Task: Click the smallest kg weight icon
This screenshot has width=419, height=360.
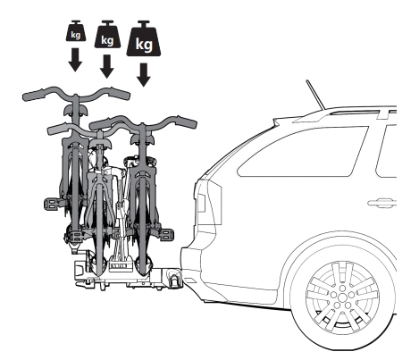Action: coord(76,30)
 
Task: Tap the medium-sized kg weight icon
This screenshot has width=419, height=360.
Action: coord(107,34)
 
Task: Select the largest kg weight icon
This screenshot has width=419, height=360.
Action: coord(144,38)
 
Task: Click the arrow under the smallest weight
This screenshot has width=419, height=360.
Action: coord(75,60)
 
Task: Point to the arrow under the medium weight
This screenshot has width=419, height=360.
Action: coord(107,66)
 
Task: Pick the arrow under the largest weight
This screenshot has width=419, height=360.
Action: coord(144,75)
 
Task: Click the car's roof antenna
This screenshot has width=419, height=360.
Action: coord(315,95)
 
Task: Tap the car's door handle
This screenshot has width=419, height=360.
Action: coord(381,203)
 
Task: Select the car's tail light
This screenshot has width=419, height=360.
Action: coord(201,203)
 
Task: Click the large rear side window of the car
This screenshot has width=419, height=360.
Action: coord(303,151)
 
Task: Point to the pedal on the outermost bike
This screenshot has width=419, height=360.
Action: coord(50,204)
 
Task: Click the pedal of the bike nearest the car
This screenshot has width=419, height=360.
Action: coord(167,234)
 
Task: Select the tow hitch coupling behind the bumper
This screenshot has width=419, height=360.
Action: coord(175,279)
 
